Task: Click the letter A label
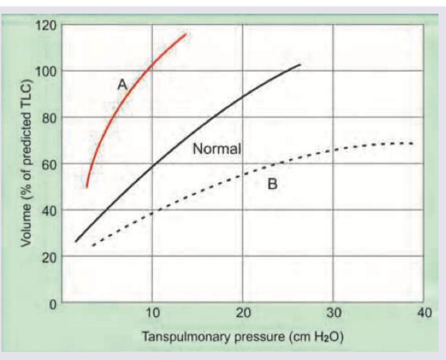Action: (121, 84)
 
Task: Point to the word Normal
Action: (217, 148)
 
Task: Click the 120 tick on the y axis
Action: (46, 24)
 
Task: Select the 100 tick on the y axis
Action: (46, 71)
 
